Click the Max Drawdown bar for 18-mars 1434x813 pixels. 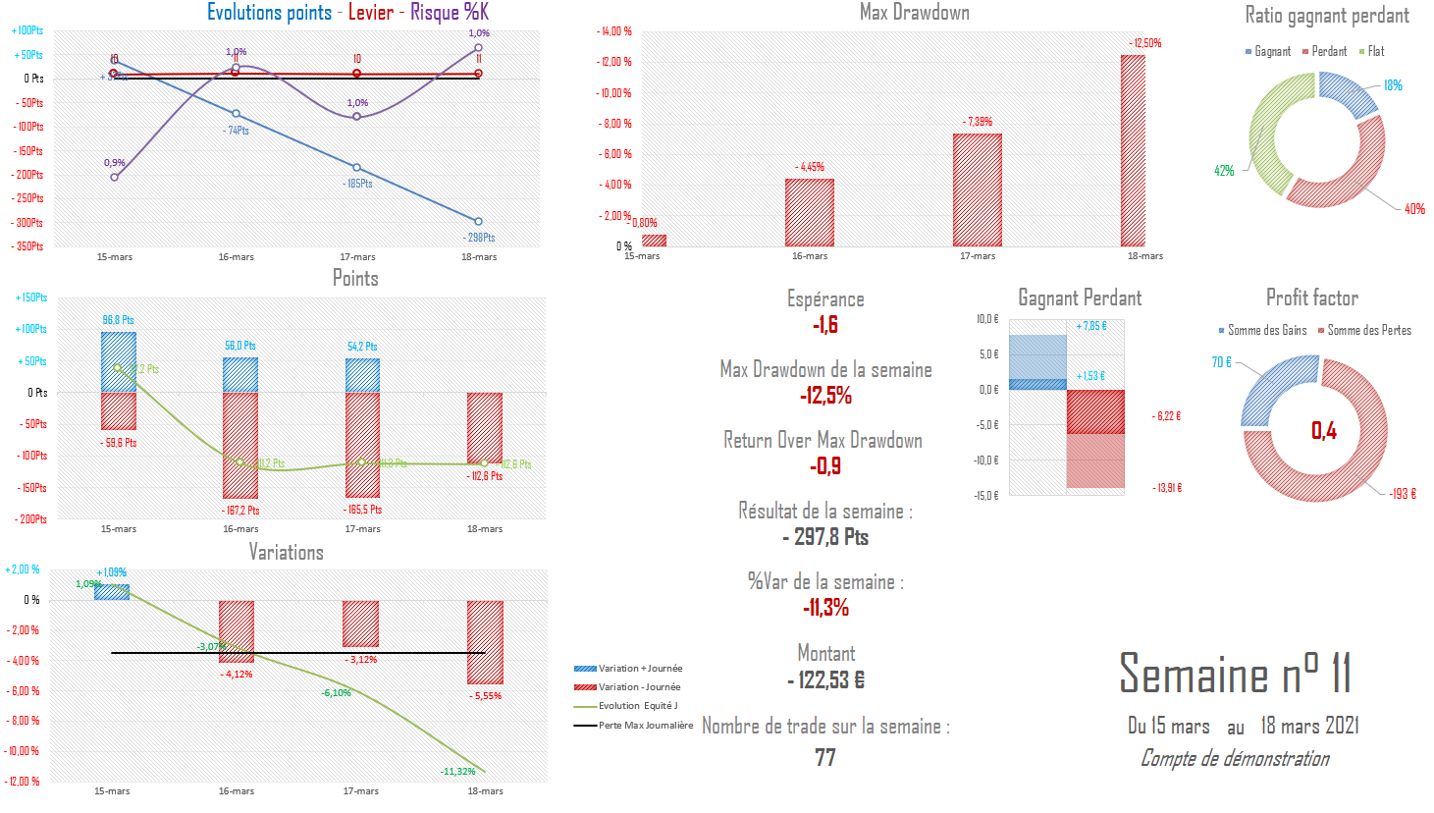(x=1133, y=150)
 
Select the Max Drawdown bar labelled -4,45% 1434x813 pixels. (x=810, y=212)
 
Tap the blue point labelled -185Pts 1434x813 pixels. (x=357, y=168)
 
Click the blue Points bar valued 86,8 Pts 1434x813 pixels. (x=119, y=362)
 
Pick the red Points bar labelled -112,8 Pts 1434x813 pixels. (x=485, y=428)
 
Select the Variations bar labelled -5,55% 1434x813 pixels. (x=485, y=642)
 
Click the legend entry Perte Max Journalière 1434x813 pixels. (x=645, y=726)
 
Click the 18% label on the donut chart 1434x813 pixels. (x=1393, y=85)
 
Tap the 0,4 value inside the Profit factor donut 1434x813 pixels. (x=1323, y=430)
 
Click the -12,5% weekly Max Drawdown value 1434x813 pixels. (x=825, y=396)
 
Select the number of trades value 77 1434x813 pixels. (x=825, y=757)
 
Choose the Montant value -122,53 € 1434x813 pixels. (x=825, y=679)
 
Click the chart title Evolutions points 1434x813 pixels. (x=269, y=13)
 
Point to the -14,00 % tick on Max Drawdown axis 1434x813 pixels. (x=615, y=31)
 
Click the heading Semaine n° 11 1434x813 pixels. (x=1235, y=675)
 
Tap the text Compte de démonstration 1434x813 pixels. (x=1235, y=758)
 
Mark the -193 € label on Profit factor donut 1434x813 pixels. (x=1403, y=494)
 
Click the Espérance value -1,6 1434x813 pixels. (x=825, y=325)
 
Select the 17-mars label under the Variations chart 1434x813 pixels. (x=360, y=791)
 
